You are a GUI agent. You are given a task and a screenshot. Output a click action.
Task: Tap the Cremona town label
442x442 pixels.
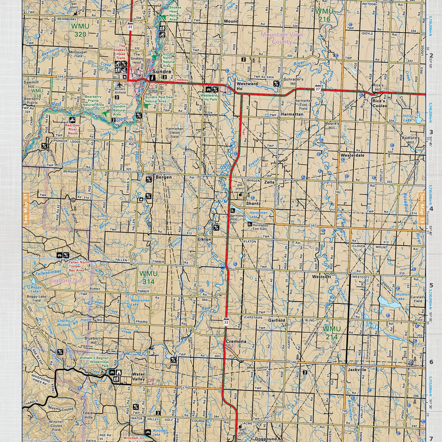(x=236, y=341)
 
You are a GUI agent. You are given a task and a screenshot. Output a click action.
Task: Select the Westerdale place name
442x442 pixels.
(x=352, y=155)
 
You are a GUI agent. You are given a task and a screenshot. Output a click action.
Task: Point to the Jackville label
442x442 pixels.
(x=357, y=369)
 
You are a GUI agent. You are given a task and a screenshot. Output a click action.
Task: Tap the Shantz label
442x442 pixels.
(x=253, y=203)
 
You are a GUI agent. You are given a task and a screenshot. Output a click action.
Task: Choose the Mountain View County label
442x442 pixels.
(x=282, y=38)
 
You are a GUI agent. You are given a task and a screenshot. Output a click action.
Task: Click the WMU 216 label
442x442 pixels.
(x=324, y=15)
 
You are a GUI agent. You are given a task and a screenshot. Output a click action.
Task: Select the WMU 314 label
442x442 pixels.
(x=148, y=277)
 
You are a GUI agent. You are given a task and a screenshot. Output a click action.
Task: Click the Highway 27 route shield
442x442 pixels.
(x=318, y=90)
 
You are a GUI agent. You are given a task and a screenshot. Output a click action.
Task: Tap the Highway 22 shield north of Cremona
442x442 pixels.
(x=226, y=322)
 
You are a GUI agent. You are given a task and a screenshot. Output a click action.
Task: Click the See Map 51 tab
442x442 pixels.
(x=26, y=208)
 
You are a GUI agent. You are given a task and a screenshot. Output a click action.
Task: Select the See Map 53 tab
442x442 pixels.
(x=422, y=208)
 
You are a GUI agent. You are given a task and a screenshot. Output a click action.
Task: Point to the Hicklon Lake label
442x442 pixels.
(x=402, y=297)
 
